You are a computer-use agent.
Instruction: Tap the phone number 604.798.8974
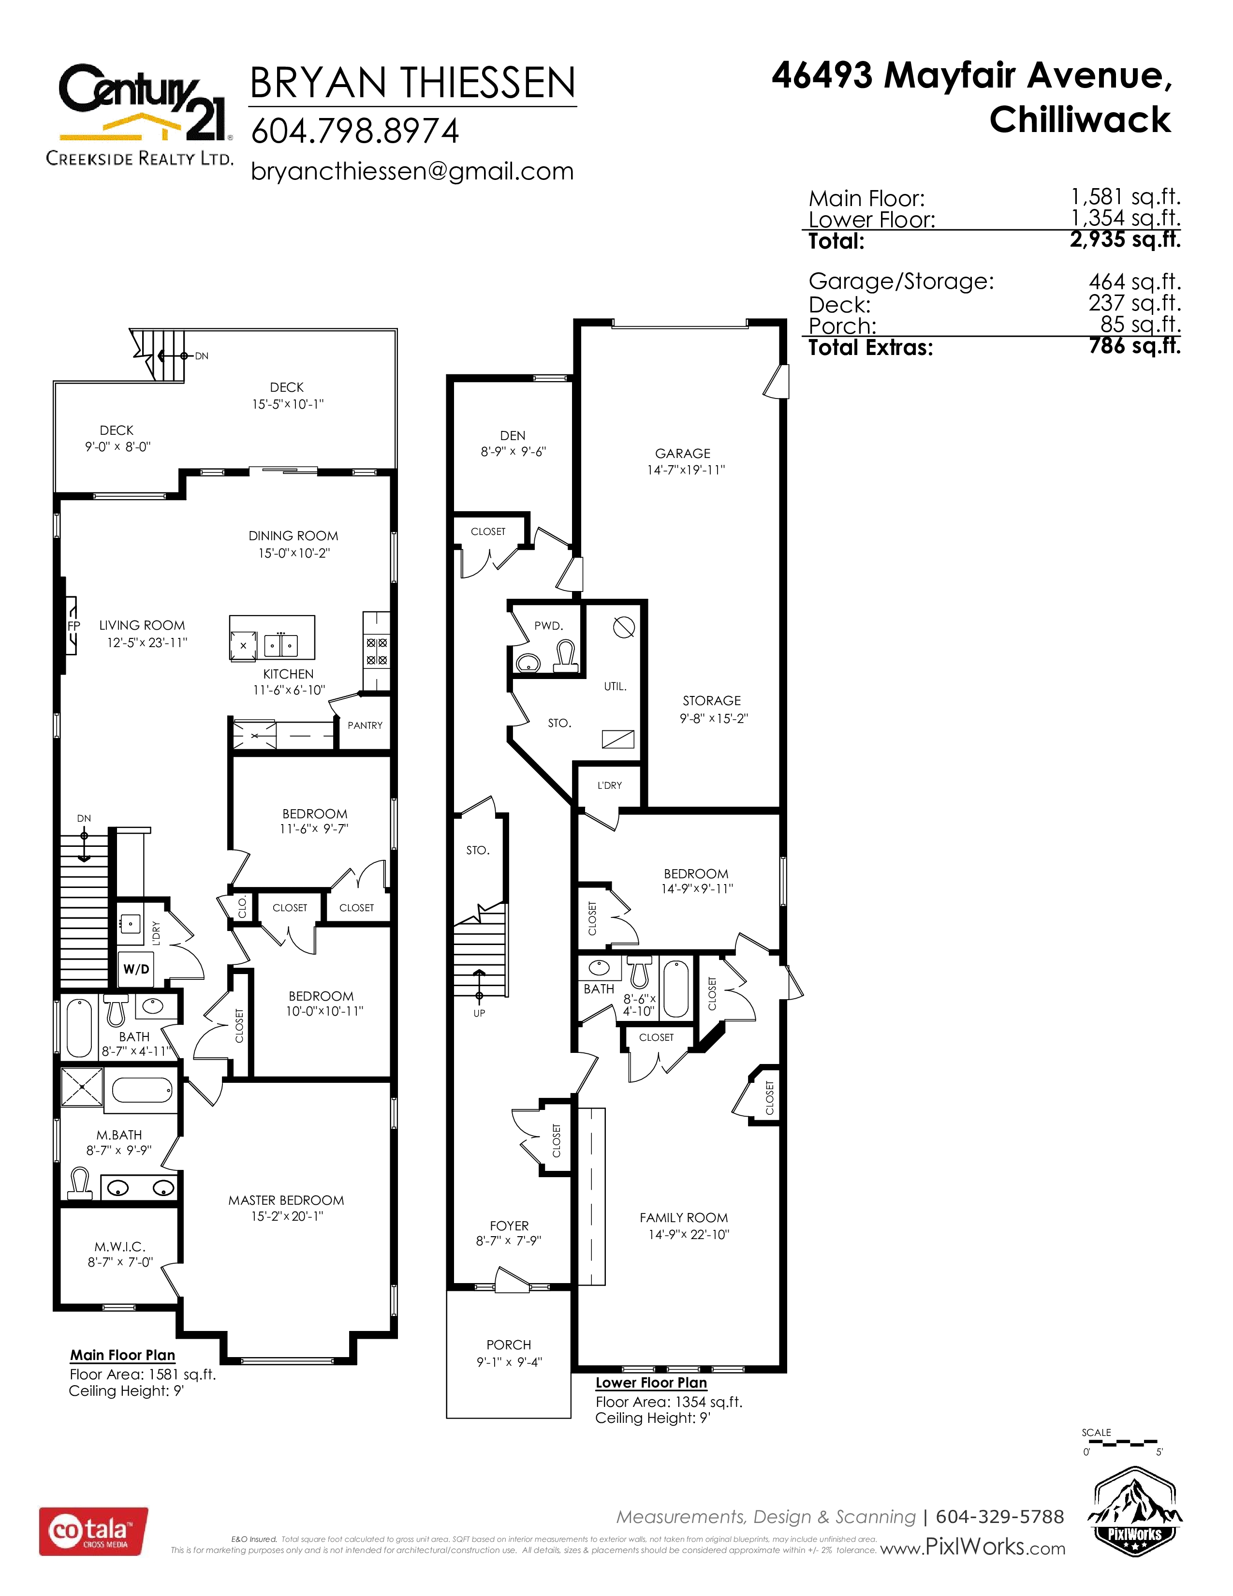pos(355,132)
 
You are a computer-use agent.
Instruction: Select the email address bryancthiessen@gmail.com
pos(412,171)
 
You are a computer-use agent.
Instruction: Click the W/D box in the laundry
pos(136,969)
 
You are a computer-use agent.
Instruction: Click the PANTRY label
pos(365,725)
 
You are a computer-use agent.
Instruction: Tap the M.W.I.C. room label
pos(120,1247)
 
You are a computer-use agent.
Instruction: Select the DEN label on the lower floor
pos(513,436)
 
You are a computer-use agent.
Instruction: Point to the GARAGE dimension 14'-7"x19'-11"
pos(686,470)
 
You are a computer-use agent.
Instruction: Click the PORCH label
pos(509,1345)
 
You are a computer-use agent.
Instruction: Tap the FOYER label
pos(509,1226)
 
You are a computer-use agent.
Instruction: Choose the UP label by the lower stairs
pos(479,1013)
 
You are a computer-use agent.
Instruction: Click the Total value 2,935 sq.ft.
pos(1125,239)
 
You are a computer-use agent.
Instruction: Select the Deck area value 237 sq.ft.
pos(1134,303)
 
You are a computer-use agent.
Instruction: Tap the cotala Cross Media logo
pos(93,1531)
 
